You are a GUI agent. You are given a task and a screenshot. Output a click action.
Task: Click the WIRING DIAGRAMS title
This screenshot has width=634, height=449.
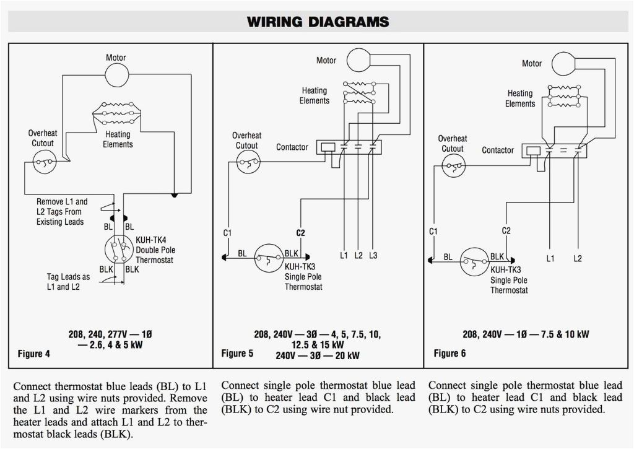318,22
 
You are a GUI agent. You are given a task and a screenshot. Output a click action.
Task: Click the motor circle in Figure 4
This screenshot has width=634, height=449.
116,75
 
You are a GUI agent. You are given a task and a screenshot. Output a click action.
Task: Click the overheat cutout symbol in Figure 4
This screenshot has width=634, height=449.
43,163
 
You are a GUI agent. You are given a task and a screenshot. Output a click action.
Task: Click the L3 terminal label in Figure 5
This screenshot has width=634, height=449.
372,255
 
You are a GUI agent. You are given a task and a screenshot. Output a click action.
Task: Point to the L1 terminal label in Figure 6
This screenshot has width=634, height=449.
550,258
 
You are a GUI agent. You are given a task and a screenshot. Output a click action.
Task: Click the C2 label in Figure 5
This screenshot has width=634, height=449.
300,233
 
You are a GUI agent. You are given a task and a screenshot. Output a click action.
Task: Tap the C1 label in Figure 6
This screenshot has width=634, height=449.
433,231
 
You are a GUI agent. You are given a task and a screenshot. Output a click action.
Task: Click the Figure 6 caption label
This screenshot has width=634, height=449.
449,353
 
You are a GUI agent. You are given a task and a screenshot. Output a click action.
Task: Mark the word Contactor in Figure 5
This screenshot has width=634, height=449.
292,147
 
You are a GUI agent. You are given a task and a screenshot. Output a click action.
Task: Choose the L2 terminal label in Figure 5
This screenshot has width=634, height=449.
358,255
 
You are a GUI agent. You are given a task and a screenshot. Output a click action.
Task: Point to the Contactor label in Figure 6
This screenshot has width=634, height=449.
498,150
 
